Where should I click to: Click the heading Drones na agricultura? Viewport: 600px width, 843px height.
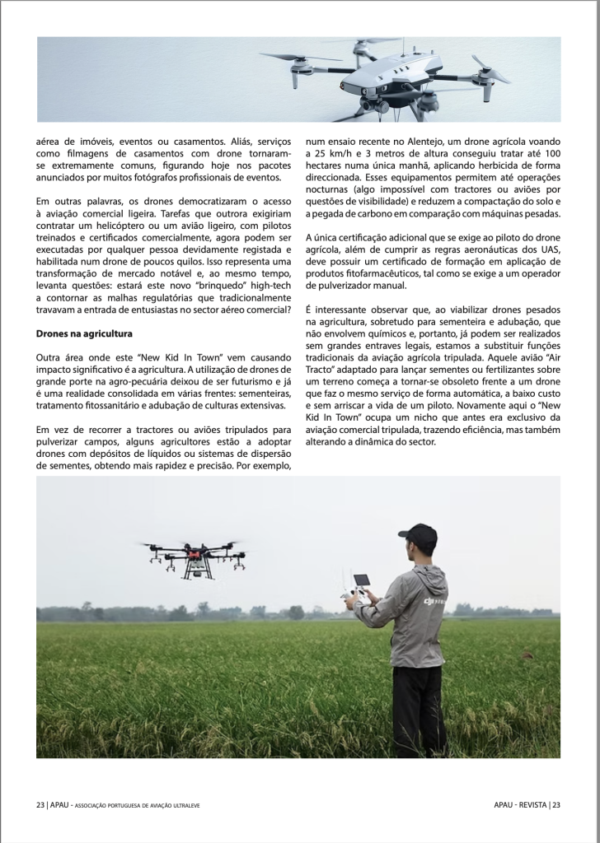pos(85,333)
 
